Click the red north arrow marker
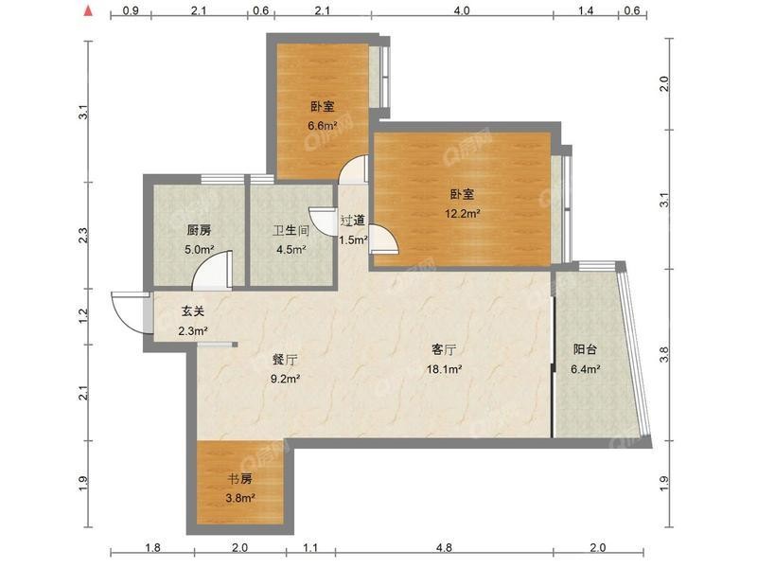pos(88,10)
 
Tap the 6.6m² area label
pos(323,126)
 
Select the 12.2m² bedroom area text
pos(462,213)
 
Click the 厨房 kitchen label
pos(199,230)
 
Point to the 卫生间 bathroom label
pos(290,230)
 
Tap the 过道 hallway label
pos(353,221)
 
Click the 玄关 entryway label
pos(193,311)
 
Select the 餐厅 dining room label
pos(285,360)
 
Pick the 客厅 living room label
pos(444,349)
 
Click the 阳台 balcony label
pos(585,349)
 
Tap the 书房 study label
pos(240,479)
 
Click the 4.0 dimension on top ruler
pos(462,10)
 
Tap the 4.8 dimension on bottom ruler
pos(444,548)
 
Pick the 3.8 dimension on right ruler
pos(664,355)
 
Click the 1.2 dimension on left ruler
pos(83,315)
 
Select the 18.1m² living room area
pos(444,369)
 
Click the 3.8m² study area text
pos(240,498)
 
